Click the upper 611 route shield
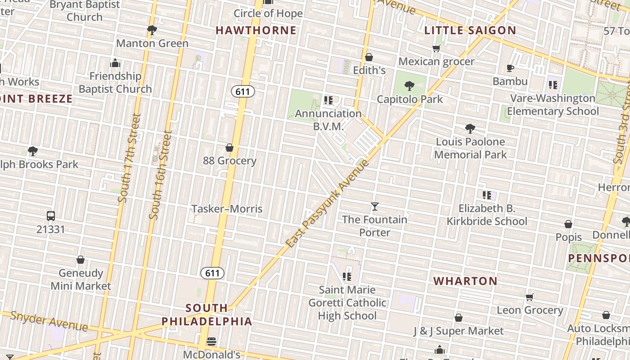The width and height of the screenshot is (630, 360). [x=243, y=92]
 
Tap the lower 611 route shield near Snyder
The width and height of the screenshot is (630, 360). [x=212, y=273]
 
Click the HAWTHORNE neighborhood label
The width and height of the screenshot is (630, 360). [x=256, y=31]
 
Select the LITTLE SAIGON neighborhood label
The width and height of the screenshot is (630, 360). [x=470, y=31]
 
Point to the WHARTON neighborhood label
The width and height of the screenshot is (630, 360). [x=465, y=281]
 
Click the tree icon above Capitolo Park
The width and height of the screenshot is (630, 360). [x=409, y=85]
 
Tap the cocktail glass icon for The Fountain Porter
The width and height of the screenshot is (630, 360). [x=374, y=207]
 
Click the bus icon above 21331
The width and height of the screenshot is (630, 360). [x=51, y=216]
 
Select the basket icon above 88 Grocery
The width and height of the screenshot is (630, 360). [x=229, y=148]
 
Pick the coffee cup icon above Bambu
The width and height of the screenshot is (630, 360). [x=510, y=68]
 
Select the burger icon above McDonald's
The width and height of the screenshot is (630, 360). [x=211, y=342]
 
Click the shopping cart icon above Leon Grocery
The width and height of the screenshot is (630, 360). [x=530, y=297]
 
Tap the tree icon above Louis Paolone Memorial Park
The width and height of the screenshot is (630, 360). [x=470, y=129]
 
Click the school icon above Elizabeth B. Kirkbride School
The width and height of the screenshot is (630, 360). [x=486, y=195]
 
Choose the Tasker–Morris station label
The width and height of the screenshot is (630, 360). [x=227, y=209]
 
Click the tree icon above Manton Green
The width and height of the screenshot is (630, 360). [x=152, y=30]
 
